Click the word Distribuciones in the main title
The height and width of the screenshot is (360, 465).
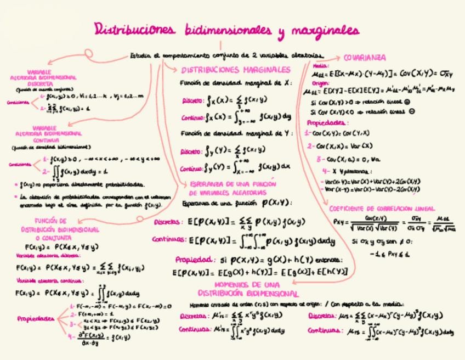coord(135,30)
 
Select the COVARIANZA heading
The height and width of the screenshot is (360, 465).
coord(365,58)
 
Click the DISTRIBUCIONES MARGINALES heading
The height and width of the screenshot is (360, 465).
coord(236,70)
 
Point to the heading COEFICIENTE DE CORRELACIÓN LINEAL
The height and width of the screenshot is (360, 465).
coord(382,209)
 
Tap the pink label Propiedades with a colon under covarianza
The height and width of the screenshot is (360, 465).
coord(327,123)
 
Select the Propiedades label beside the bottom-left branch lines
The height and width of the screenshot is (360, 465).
coord(36,318)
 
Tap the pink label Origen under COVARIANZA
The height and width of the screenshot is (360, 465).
coord(320,83)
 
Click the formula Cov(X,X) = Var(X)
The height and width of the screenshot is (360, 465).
coord(343,146)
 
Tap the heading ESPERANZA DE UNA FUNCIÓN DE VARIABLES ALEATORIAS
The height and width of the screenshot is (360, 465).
coord(232,189)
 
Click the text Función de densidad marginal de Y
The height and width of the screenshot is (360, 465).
coord(237,133)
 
